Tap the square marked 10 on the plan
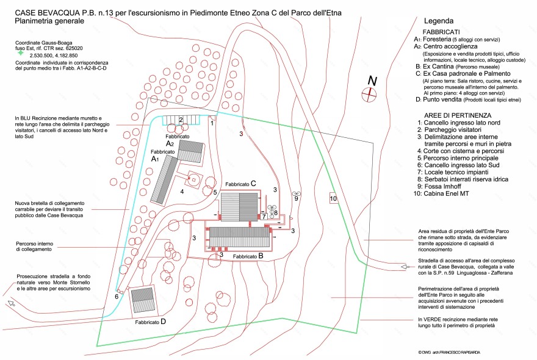click(x=333, y=198)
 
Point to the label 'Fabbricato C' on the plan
click(x=240, y=184)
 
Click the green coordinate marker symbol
click(x=21, y=54)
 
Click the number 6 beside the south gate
click(x=116, y=297)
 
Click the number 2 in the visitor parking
click(x=181, y=120)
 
